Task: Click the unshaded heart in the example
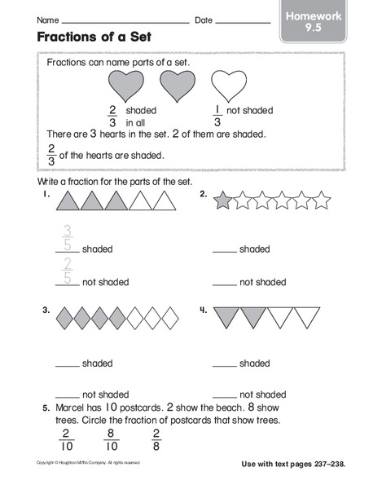point(229,83)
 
